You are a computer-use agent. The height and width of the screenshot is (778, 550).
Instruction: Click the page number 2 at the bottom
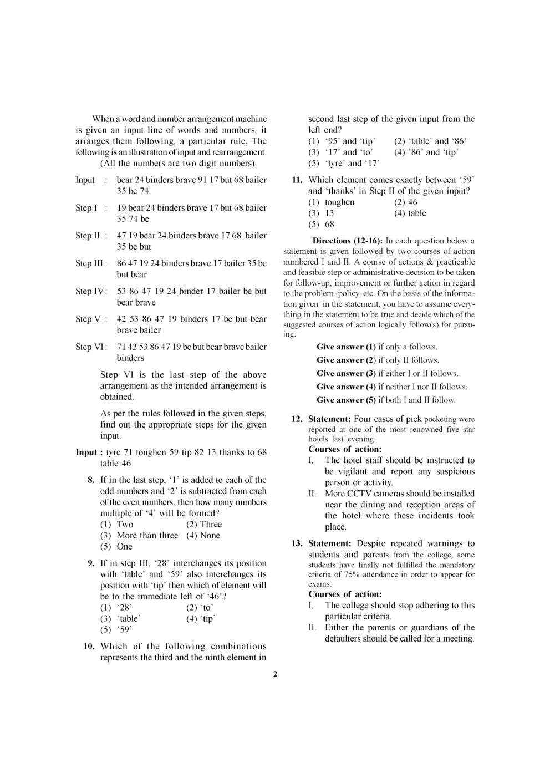(x=275, y=674)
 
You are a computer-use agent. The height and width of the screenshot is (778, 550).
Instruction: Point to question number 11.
(x=297, y=180)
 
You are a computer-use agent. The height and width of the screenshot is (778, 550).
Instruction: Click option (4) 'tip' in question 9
(x=201, y=619)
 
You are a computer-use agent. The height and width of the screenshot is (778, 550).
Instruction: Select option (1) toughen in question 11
(x=332, y=202)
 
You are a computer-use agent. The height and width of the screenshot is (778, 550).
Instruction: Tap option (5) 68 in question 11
(x=322, y=225)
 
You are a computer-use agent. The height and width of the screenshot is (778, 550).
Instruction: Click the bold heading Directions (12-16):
(x=348, y=241)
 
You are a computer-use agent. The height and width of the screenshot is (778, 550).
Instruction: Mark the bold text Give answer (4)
(x=347, y=387)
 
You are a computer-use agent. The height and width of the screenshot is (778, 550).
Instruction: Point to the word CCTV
(x=359, y=494)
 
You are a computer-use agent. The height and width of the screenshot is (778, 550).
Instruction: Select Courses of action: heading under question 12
(x=345, y=449)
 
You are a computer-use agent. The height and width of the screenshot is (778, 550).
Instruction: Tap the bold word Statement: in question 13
(x=329, y=544)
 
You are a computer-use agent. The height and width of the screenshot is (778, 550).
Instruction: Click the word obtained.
(x=117, y=397)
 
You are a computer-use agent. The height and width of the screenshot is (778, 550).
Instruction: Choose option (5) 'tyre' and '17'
(x=344, y=164)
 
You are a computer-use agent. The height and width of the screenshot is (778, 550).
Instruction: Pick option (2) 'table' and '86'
(x=430, y=141)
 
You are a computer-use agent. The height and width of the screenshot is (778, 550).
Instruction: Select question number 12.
(x=297, y=420)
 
